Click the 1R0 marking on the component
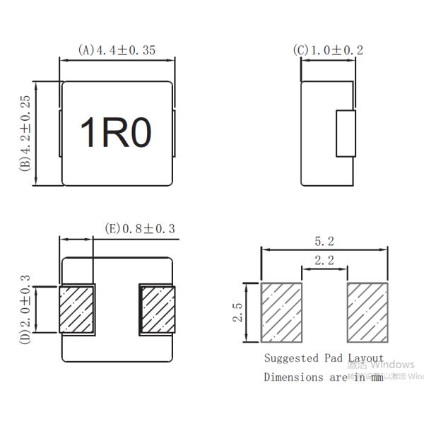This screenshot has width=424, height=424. pos(117,133)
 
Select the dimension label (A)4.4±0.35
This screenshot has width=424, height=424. pos(117,50)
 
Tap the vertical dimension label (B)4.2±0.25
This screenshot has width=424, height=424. pos(25,134)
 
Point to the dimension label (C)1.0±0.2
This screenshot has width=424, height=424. pos(329,50)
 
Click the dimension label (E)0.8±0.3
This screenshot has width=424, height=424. pos(139,228)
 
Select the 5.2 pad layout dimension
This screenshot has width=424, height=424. pos(324,241)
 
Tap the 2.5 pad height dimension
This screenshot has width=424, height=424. pos(237,312)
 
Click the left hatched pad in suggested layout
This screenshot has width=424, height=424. pos(282,312)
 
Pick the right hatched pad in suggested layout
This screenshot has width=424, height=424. pos(367,312)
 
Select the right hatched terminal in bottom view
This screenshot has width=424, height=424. pos(157,310)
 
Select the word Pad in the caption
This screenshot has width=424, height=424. pos(334,359)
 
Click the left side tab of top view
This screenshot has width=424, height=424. pos(60,133)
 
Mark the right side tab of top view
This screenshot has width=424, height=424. pos(174,133)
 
